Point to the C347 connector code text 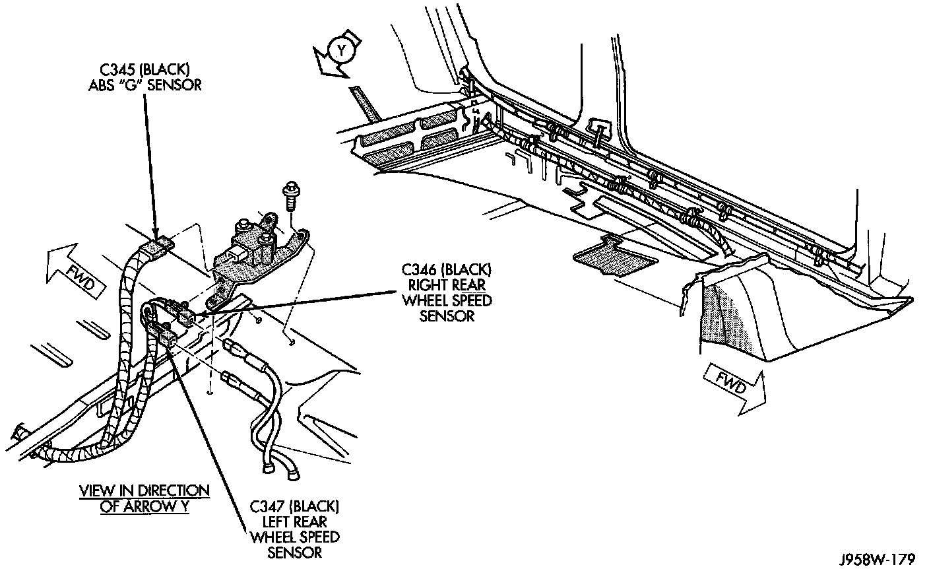click(x=268, y=507)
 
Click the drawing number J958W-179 click(x=877, y=560)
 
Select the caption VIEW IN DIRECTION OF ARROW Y click(x=144, y=499)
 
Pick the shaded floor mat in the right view click(x=616, y=255)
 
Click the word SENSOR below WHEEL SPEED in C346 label click(x=447, y=316)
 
